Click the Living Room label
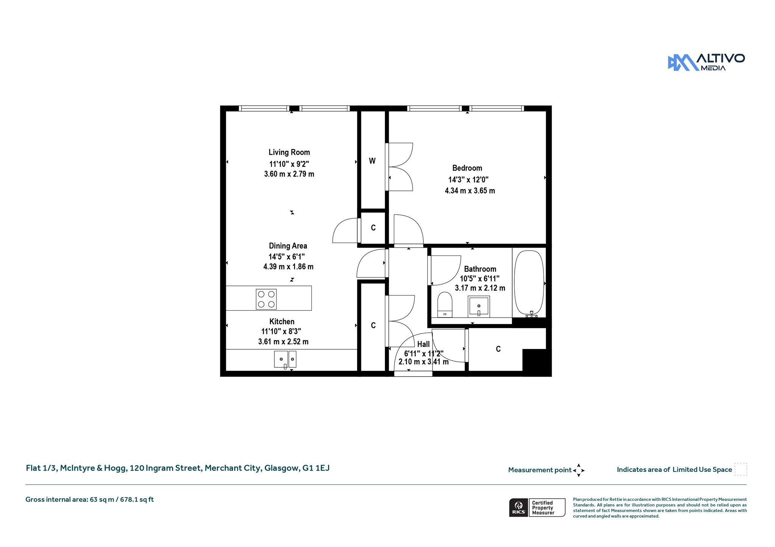[289, 152]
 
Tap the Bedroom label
[467, 168]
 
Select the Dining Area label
[288, 246]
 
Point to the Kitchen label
[282, 322]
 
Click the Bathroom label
[480, 269]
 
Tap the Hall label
[423, 344]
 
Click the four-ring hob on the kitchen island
[266, 299]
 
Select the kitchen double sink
[285, 360]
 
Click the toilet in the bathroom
[445, 305]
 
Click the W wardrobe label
[372, 161]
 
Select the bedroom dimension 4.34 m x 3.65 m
[470, 191]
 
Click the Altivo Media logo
[707, 62]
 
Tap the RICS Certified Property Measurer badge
[537, 508]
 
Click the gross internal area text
[90, 500]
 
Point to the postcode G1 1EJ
[316, 468]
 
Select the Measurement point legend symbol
[579, 470]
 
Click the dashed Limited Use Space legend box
[741, 469]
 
